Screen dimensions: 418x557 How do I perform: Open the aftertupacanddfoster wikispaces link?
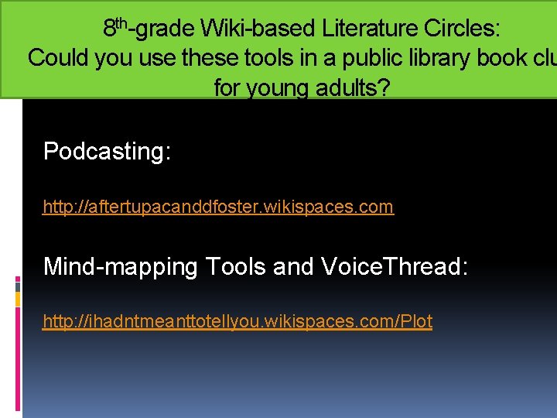218,207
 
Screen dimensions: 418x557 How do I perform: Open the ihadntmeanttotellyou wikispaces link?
237,321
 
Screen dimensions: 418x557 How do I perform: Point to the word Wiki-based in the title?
255,29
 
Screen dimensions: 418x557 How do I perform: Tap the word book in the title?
487,58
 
